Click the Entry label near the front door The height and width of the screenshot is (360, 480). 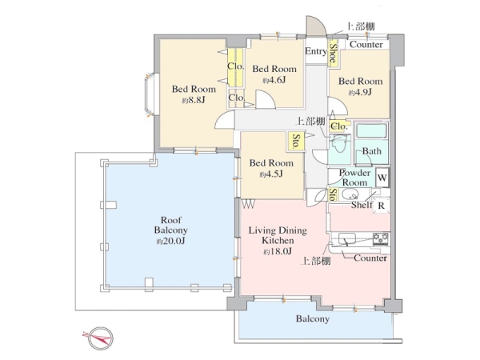point(316,51)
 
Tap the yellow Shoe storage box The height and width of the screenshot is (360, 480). point(333,53)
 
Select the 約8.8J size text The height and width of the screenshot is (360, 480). point(193,100)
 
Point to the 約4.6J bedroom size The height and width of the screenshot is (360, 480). point(274,80)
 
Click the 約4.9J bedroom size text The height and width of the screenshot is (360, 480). point(360,92)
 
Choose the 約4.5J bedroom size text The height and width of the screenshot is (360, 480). point(271,174)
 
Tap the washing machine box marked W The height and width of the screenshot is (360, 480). point(382,178)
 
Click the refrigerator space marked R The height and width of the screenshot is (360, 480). point(382,206)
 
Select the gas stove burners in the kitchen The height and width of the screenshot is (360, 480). point(381,238)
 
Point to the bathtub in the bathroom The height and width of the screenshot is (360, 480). point(372,130)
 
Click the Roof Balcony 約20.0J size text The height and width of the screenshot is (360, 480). point(170,241)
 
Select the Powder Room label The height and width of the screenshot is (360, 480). point(354,178)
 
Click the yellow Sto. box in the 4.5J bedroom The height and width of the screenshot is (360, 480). point(296,142)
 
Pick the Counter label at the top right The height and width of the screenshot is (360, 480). point(366,44)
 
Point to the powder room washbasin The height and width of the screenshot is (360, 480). point(350,194)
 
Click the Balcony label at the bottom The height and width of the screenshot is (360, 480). point(313,319)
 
